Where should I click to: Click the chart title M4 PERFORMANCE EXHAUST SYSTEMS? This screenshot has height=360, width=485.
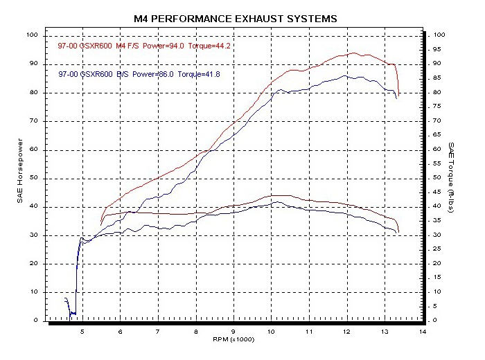tap(236, 19)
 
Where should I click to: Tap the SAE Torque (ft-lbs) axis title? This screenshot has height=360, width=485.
tap(451, 177)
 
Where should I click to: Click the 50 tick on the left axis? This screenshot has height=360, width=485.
tap(34, 178)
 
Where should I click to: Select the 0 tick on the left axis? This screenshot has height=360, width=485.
tap(37, 321)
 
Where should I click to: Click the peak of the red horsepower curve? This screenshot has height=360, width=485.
tap(354, 53)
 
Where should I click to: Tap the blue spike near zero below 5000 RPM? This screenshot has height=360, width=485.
tap(67, 299)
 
